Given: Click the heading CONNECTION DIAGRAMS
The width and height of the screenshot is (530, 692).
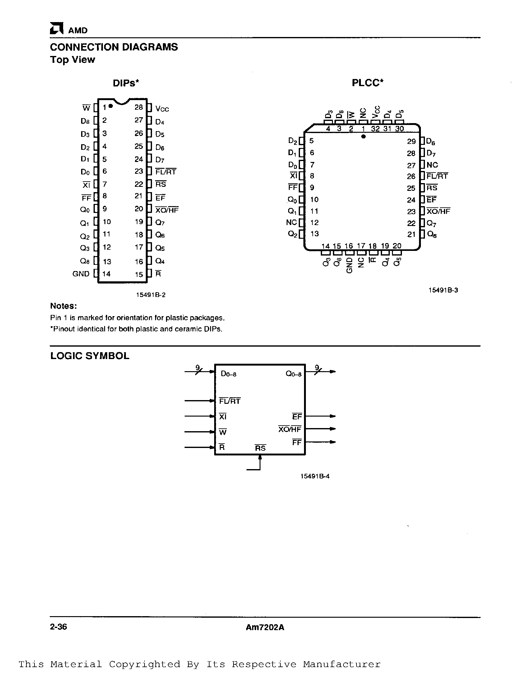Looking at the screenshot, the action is click(114, 47).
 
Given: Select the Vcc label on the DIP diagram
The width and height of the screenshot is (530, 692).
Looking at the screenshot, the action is click(162, 109).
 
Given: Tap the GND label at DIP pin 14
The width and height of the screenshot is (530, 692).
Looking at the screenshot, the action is click(81, 274).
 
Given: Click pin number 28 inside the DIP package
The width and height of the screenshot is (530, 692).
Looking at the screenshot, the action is click(139, 107).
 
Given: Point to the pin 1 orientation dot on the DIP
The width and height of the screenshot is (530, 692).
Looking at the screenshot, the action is click(111, 106).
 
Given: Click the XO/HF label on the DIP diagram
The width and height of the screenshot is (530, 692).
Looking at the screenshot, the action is click(167, 210).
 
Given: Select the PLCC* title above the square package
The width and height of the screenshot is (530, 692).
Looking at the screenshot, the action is click(367, 83).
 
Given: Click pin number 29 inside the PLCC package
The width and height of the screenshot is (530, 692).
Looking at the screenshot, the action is click(411, 141).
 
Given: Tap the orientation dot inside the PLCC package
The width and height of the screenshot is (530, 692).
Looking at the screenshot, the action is click(363, 136).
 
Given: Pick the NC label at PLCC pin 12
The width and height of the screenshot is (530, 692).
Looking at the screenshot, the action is click(292, 222).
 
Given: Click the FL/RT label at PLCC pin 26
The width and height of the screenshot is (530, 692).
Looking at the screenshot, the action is click(437, 176).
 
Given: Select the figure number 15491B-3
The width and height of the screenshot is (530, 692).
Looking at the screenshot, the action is click(443, 290).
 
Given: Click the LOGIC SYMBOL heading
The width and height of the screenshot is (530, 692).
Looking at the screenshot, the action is click(90, 356).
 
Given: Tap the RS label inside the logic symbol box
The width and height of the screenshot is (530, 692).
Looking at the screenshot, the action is click(260, 448).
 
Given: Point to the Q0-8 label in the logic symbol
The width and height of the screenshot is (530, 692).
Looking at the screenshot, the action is click(293, 374).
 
